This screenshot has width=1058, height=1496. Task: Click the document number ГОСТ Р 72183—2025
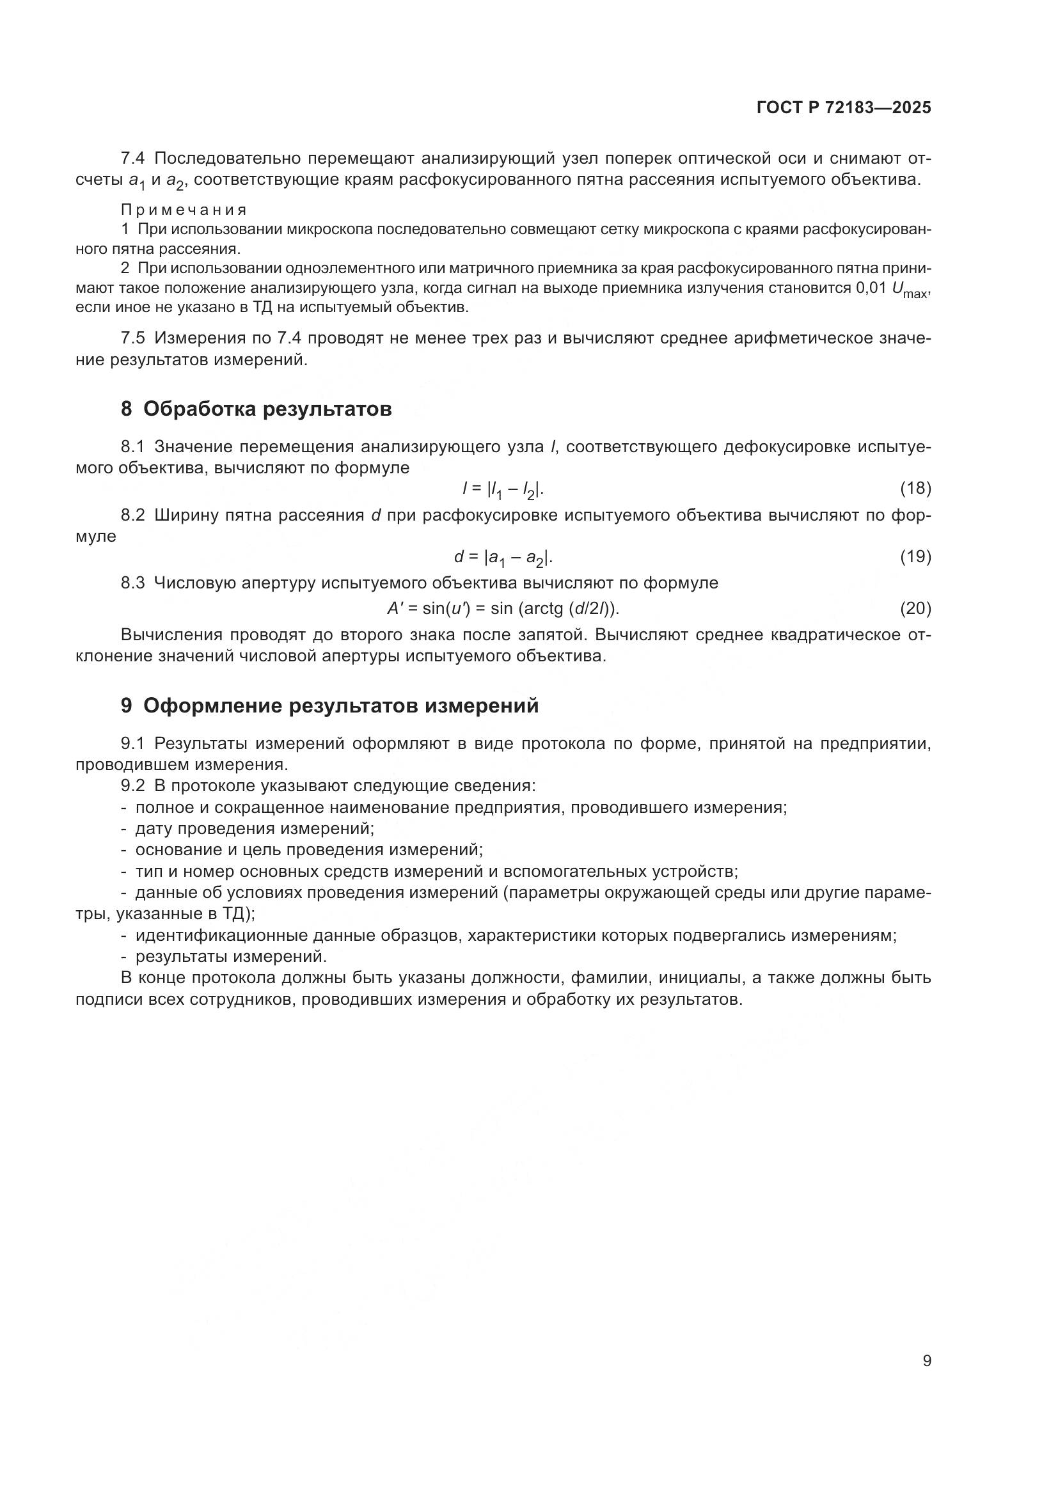(844, 108)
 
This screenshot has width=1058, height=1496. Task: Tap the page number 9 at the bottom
(926, 1361)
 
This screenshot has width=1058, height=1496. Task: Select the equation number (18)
(915, 488)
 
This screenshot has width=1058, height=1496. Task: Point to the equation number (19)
(915, 556)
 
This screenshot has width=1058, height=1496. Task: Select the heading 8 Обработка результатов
(256, 409)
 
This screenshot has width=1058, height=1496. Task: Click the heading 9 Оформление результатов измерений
(329, 705)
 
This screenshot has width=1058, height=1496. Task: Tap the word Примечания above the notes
(184, 210)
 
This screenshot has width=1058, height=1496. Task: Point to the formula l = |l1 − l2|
(503, 489)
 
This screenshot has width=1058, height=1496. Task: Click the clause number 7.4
(134, 159)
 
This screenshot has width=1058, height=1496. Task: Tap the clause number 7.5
(134, 338)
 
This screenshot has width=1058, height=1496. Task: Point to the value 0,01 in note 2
(871, 288)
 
